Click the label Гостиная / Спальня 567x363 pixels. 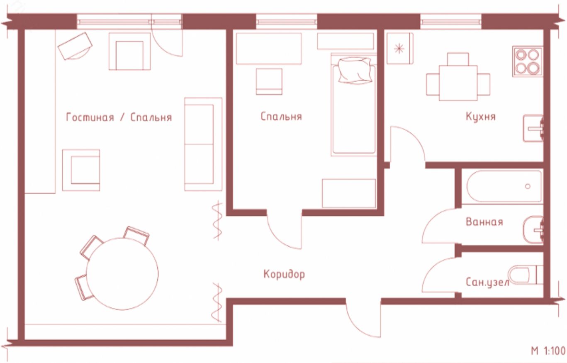coord(119,117)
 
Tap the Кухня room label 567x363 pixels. coord(480,117)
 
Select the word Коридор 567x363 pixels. coord(284,274)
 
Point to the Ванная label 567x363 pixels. coord(484,222)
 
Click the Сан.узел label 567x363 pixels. coord(487,283)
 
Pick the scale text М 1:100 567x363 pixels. coord(548,351)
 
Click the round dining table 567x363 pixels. coord(122,274)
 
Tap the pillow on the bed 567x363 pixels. coord(355,71)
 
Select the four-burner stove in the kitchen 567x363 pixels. coord(528,61)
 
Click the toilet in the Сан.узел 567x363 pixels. coord(525,275)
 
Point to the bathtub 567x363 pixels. coord(504,187)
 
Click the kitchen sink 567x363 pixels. coord(533,128)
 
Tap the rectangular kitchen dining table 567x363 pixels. coord(458,83)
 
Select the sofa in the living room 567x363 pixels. coord(203,144)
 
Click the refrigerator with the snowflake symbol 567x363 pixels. coord(400,49)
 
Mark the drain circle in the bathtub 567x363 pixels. coord(528,186)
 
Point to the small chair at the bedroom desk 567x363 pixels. coord(269,81)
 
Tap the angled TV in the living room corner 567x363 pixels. coord(75,46)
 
